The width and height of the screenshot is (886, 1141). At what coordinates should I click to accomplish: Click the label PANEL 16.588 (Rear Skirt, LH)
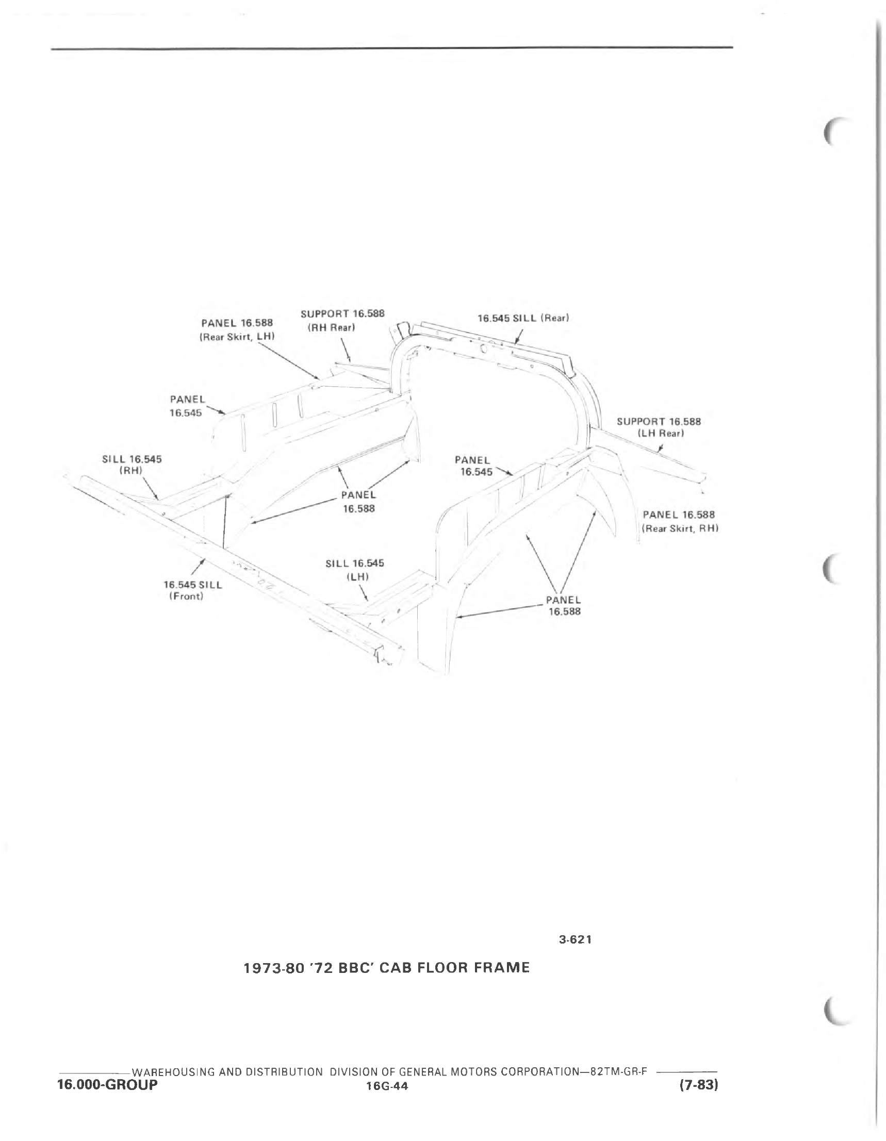tap(237, 329)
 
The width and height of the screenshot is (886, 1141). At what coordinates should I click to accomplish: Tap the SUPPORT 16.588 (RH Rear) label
tap(342, 320)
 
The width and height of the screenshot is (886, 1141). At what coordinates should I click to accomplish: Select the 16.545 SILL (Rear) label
tap(523, 318)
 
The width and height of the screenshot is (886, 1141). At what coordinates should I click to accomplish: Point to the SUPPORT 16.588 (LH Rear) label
tap(659, 427)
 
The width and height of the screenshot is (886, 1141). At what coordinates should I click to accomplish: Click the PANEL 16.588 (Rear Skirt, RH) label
tap(680, 521)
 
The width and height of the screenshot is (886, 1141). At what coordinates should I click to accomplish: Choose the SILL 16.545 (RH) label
tap(132, 465)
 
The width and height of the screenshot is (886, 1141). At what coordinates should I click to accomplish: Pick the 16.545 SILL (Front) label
tap(192, 590)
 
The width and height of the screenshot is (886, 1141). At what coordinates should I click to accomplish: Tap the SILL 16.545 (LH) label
tap(354, 570)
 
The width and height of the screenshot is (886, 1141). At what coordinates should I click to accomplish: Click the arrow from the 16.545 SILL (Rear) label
tap(518, 336)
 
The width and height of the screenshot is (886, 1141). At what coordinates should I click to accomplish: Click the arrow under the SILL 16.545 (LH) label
tap(363, 592)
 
